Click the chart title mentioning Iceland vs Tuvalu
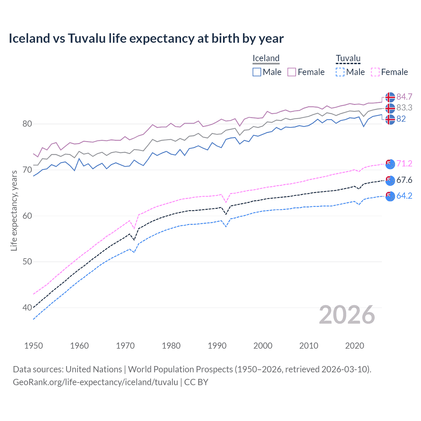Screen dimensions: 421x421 (146, 38)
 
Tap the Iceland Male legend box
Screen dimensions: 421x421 (257, 72)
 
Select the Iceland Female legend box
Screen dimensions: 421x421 (292, 72)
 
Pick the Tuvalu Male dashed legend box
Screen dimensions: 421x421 (340, 72)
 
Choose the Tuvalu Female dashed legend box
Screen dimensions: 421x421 (375, 72)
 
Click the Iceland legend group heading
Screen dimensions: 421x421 (266, 58)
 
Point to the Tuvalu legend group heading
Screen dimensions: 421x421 (348, 58)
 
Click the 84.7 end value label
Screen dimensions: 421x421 (404, 97)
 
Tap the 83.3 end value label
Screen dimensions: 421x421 (404, 108)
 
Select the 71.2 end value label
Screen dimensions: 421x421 (404, 163)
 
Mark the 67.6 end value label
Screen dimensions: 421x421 (404, 180)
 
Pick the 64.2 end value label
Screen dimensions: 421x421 (404, 196)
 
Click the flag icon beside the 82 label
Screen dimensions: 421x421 (390, 119)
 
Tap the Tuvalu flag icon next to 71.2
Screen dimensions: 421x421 (390, 164)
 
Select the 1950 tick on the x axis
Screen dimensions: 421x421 (34, 346)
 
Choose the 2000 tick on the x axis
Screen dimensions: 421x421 (263, 346)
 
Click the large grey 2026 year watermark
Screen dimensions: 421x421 (347, 315)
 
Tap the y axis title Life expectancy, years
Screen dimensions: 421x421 (14, 210)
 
